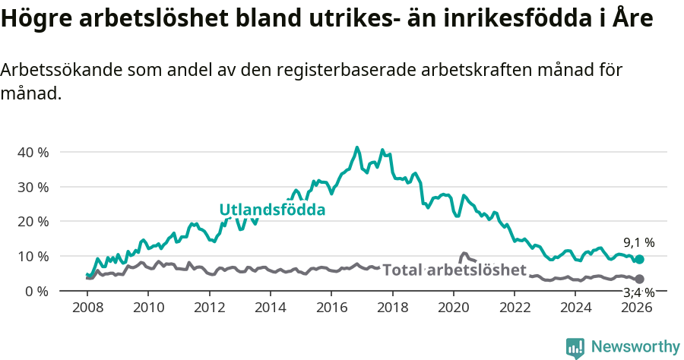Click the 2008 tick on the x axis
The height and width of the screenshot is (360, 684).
pos(88,307)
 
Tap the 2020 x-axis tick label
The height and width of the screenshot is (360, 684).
pos(454,307)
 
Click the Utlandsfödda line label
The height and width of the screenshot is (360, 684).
pos(272,210)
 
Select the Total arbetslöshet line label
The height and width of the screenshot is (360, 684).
pos(454,270)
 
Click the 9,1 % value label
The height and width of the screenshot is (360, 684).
pos(639,242)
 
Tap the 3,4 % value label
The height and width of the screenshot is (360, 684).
pos(639,292)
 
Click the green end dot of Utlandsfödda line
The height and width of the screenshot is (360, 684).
pos(639,259)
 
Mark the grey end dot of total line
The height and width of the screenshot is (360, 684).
pos(639,279)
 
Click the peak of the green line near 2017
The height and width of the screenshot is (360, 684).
pos(357,147)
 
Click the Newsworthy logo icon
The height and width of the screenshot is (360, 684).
pos(575,348)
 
